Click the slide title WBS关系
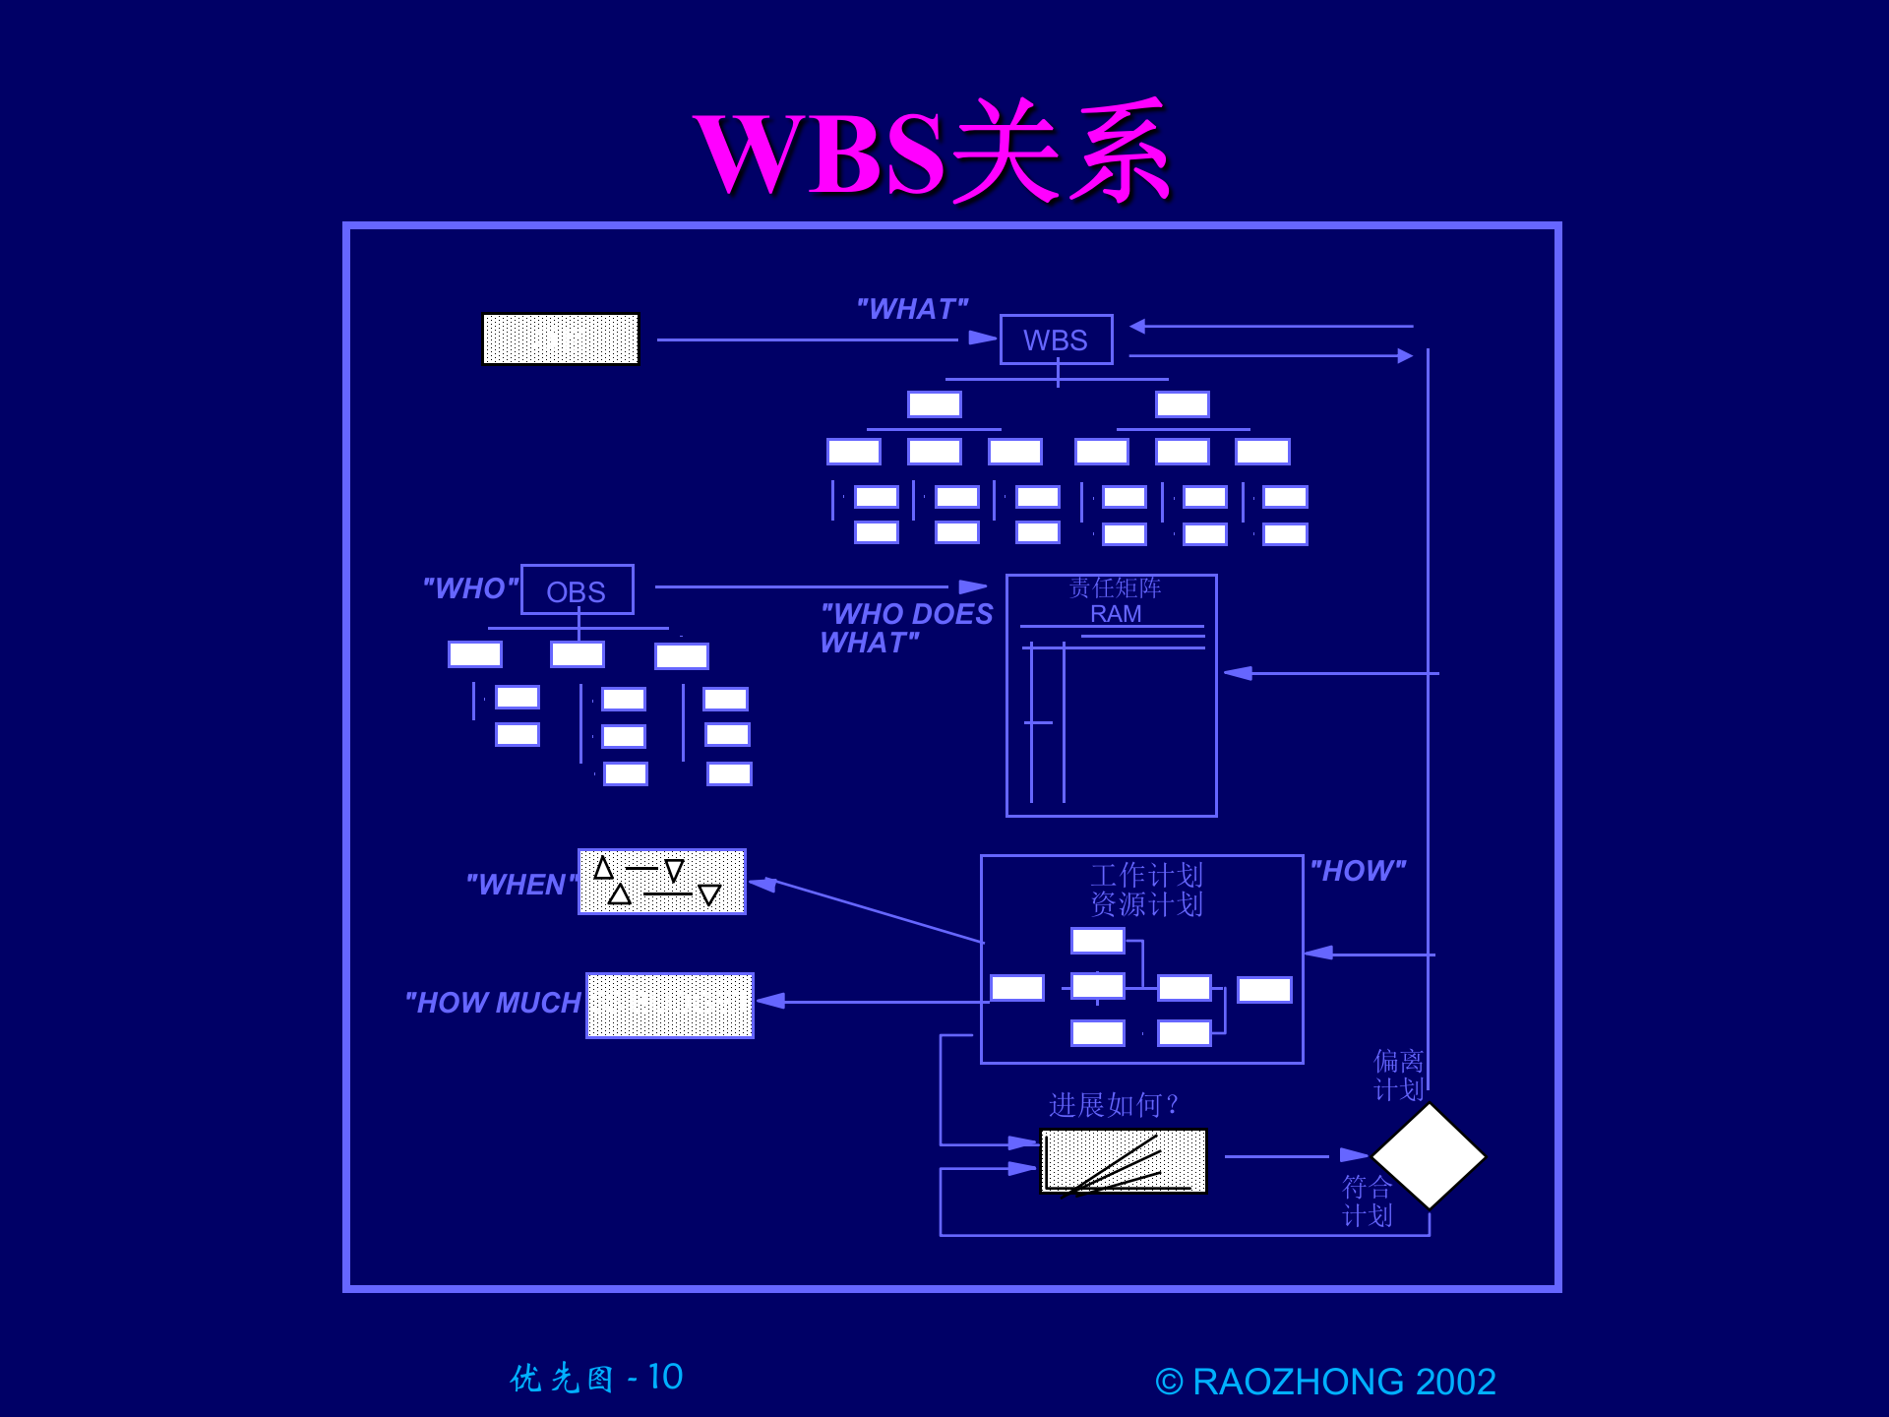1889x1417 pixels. coord(933,153)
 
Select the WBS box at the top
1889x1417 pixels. coord(1056,339)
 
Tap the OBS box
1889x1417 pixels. coord(577,590)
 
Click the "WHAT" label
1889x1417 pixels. coord(912,309)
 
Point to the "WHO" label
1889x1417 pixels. coord(470,588)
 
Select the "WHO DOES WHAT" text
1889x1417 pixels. coord(906,628)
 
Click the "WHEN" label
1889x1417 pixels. coord(519,885)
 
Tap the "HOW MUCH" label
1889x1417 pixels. coord(493,1003)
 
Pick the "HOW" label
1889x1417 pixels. coord(1358,871)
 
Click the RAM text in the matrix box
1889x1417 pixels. coord(1116,614)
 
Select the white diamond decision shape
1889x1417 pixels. coord(1429,1156)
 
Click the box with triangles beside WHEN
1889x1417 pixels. coord(661,882)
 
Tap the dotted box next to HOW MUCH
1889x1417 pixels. coord(670,1005)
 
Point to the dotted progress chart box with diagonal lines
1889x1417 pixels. coord(1123,1161)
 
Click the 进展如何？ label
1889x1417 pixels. coord(1114,1105)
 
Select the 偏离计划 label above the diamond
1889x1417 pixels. coord(1398,1075)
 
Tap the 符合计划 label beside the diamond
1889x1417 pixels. coord(1367,1201)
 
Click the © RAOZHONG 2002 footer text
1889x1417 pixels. coord(1325,1382)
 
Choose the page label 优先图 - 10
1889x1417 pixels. coord(596,1378)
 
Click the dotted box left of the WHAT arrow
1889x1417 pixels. coord(561,339)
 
